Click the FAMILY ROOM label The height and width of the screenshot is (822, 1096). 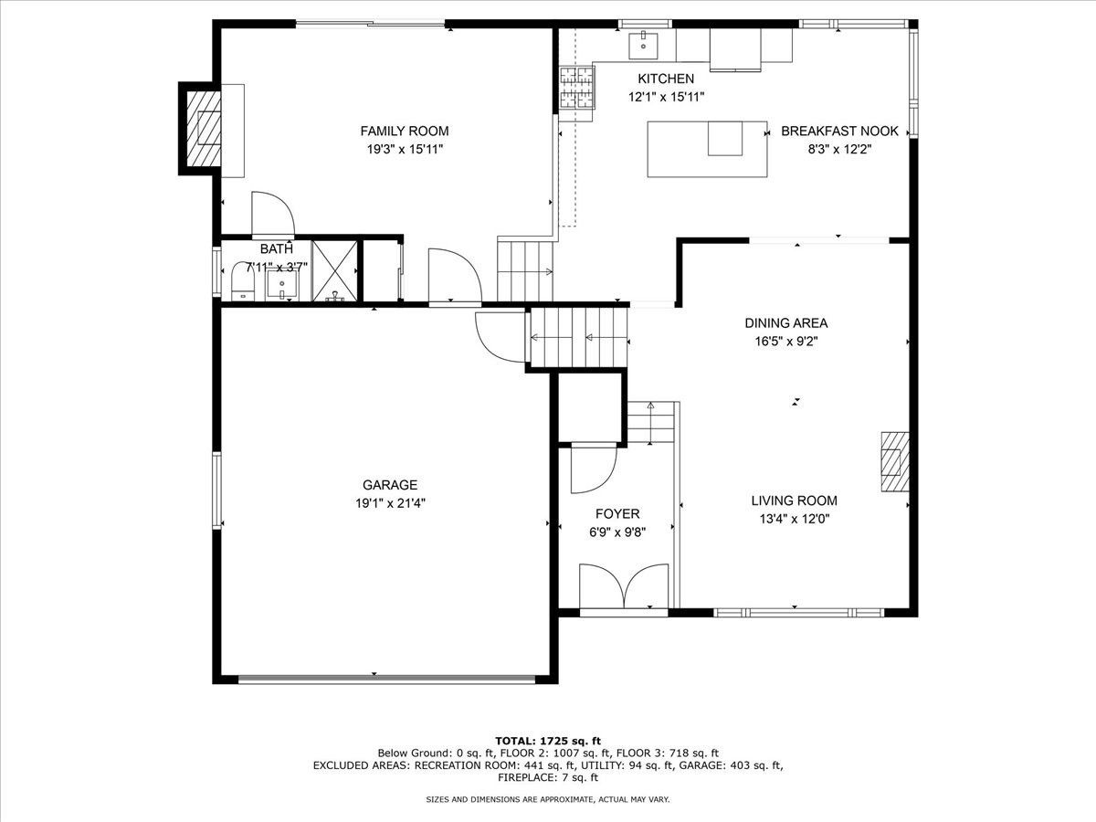(x=405, y=131)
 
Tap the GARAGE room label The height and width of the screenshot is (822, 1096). (x=390, y=485)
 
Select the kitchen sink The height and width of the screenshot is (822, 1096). (x=643, y=46)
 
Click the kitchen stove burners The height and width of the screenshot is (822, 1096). (x=578, y=89)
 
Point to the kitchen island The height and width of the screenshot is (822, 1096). (x=708, y=149)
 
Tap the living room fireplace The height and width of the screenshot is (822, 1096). (x=895, y=461)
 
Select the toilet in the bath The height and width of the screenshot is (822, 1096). (x=243, y=282)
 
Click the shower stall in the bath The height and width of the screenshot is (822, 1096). (x=334, y=271)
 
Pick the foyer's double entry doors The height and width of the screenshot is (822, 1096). (x=624, y=586)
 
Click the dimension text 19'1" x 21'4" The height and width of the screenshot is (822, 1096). (x=390, y=503)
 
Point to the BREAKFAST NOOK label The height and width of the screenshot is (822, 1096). (x=840, y=131)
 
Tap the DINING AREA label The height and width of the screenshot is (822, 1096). (x=786, y=323)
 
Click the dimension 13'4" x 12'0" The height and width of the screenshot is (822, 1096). (x=795, y=519)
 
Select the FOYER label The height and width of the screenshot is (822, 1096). (x=617, y=513)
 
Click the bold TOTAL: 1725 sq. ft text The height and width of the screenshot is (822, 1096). (x=548, y=741)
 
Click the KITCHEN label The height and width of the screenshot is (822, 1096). (x=666, y=79)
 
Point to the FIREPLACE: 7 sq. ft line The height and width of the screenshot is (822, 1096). (x=548, y=777)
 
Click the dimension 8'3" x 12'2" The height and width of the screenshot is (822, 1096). (x=840, y=149)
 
